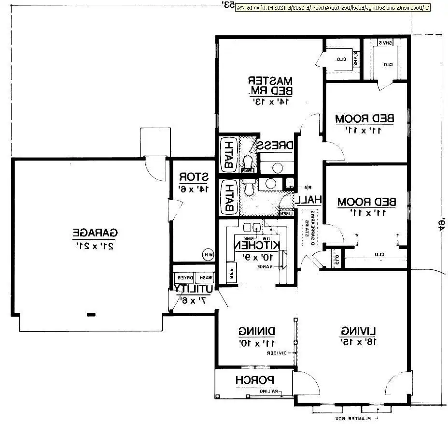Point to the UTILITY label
194,289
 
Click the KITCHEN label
257,245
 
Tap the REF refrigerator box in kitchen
231,271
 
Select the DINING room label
257,331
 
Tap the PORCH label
255,380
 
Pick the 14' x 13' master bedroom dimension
271,102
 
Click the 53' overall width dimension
228,5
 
